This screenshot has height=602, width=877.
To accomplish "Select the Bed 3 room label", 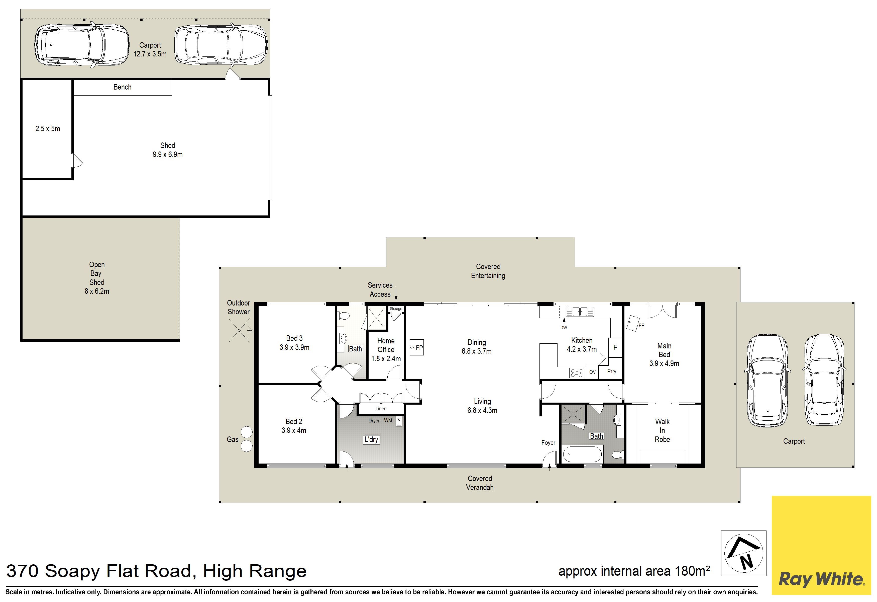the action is (294, 343).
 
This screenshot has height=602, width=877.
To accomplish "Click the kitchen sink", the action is (580, 312).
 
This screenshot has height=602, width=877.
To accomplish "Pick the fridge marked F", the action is (615, 347).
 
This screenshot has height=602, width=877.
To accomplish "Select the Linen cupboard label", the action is (381, 409).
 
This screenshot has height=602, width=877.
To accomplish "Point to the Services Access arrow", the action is (396, 293).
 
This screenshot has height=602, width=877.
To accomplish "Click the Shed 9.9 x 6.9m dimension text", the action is (168, 155).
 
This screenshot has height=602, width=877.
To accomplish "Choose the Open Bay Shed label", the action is (97, 273).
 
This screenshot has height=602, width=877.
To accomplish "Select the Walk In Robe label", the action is (662, 430).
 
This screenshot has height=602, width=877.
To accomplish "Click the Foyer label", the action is (548, 443).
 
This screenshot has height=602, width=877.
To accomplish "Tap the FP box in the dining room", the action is (417, 347).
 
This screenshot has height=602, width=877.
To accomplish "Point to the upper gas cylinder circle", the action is (246, 432).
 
